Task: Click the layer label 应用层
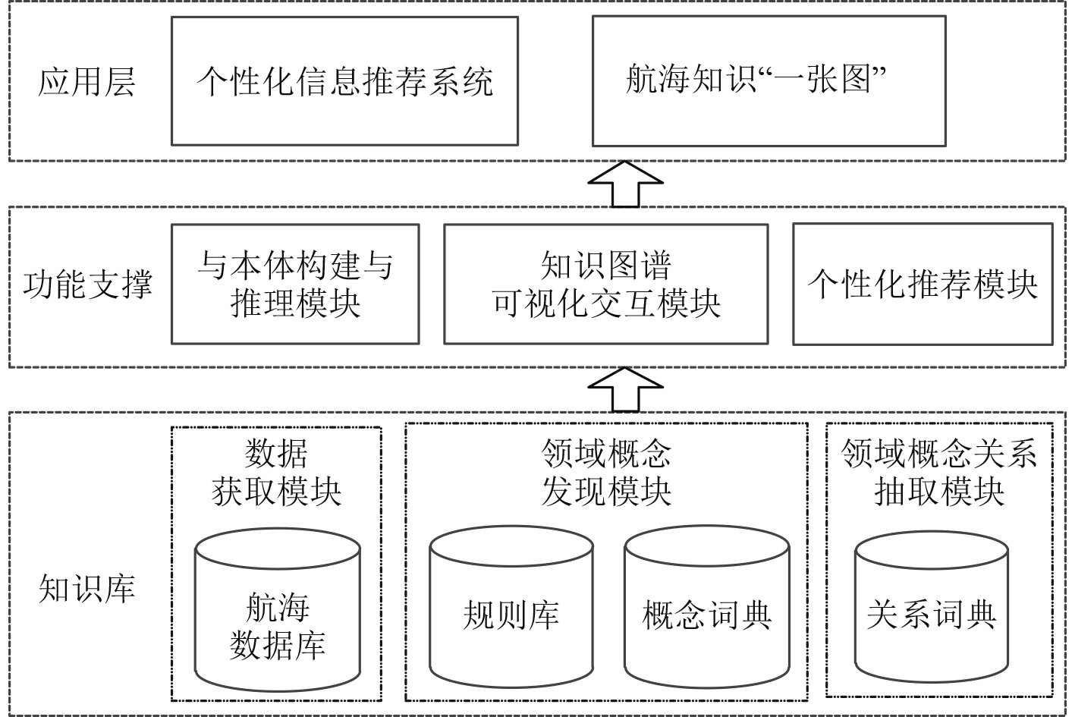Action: [x=86, y=82]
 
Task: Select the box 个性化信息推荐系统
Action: [x=344, y=81]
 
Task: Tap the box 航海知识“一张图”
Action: [x=769, y=80]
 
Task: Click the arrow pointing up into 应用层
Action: [x=625, y=184]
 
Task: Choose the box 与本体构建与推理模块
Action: [x=295, y=284]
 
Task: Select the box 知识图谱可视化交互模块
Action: [x=605, y=284]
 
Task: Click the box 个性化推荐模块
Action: [x=923, y=284]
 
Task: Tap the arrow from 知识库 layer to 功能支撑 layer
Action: [x=625, y=389]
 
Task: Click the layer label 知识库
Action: [x=86, y=588]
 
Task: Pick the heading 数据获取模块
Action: [x=276, y=473]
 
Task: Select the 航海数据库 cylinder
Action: [x=278, y=611]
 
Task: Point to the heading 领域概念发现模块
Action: [x=606, y=473]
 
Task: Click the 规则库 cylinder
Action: [x=511, y=607]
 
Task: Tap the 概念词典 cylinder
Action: [x=707, y=607]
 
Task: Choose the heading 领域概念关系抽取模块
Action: [x=939, y=473]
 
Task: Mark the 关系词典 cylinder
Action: [x=932, y=607]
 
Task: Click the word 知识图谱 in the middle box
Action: [x=605, y=265]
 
